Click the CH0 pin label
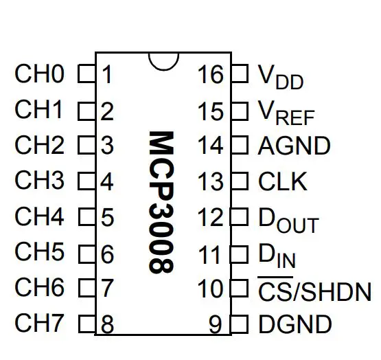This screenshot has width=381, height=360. coord(39,74)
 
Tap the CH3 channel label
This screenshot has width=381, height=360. coord(39,180)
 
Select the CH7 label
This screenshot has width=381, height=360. coord(39,323)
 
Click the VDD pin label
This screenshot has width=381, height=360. coord(281,77)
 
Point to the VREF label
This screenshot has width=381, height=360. coord(286,113)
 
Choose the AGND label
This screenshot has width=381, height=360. coord(294,146)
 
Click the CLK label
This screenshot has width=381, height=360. coord(282,181)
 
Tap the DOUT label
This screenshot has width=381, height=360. coord(288,221)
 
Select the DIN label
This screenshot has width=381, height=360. coord(277,256)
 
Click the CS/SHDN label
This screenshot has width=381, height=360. coord(314,289)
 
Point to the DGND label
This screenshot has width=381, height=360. coord(295,324)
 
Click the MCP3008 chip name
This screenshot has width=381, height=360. coord(161,203)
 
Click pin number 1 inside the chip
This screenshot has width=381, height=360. coord(107,74)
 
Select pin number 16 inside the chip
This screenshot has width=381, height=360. coord(211,74)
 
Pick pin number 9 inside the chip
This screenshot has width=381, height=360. coord(216,324)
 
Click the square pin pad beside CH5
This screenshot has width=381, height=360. coord(87,254)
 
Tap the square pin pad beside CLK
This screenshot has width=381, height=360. coord(240,181)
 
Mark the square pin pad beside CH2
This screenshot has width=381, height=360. coord(87,145)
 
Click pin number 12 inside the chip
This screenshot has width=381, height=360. coord(211,217)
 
